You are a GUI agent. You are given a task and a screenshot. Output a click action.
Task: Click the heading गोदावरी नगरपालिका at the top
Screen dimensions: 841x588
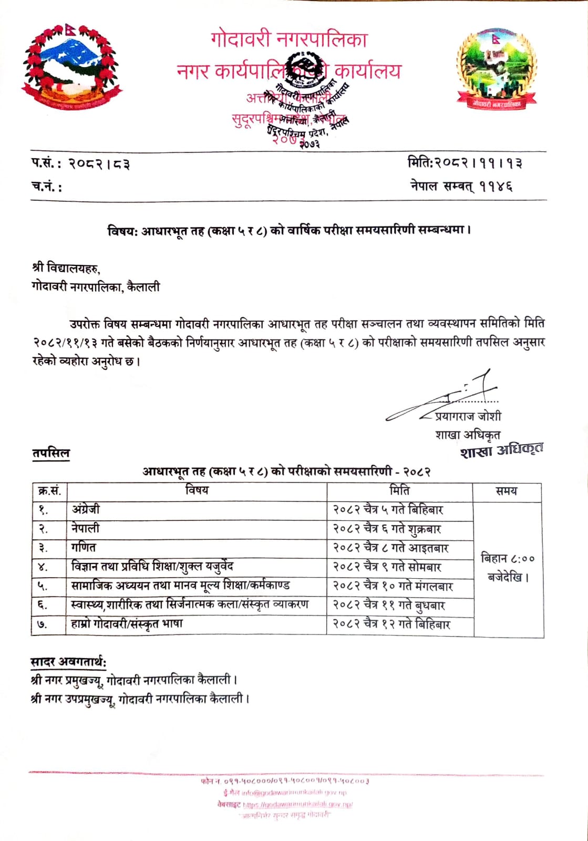tap(288, 40)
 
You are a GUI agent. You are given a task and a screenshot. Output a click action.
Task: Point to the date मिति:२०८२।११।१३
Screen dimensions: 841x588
tap(465, 163)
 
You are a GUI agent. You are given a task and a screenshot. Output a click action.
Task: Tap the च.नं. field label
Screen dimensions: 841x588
tap(46, 187)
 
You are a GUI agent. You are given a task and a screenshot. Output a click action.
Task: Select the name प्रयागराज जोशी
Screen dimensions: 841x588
tap(468, 416)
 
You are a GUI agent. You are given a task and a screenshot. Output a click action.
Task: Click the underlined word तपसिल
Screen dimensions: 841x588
tap(50, 453)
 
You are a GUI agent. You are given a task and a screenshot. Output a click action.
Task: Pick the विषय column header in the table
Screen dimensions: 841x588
tap(197, 490)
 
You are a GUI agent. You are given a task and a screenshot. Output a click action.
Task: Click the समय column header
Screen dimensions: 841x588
tap(507, 491)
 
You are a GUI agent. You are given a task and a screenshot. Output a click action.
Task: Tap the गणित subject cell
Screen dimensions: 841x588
tap(84, 547)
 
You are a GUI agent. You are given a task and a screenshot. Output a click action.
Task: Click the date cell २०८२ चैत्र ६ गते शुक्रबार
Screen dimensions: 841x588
tap(387, 529)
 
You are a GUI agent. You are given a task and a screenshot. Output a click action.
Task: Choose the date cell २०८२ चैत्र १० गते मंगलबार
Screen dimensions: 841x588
tap(393, 586)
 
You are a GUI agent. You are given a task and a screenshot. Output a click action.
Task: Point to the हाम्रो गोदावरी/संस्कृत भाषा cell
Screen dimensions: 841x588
tap(127, 624)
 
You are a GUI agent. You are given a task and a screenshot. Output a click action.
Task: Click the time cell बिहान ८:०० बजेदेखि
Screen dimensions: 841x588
tap(508, 568)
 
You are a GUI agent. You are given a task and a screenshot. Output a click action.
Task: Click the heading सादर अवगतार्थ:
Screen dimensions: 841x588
tap(68, 661)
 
